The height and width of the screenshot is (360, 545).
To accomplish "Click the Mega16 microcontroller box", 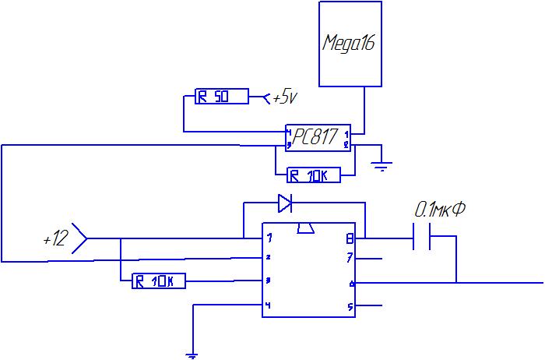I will (x=350, y=43).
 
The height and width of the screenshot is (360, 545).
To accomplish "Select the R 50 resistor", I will (x=220, y=97).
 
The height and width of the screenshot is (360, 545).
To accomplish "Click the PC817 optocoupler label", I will (x=316, y=137).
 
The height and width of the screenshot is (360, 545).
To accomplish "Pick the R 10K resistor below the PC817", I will (x=314, y=176).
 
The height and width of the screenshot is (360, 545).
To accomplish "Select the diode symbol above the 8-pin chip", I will (x=286, y=204).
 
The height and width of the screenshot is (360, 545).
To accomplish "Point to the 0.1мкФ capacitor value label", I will (x=439, y=210).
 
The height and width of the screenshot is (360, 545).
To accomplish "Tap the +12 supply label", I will (x=55, y=238).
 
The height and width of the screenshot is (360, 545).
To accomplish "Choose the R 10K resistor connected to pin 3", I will (x=159, y=281).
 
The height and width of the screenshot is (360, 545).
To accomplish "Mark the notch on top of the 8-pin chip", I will (x=306, y=228).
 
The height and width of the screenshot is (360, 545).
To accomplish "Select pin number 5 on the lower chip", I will (x=352, y=305).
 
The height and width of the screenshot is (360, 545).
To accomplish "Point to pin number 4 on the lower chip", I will (x=267, y=305).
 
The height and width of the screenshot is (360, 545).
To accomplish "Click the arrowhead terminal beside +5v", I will (x=268, y=98).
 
